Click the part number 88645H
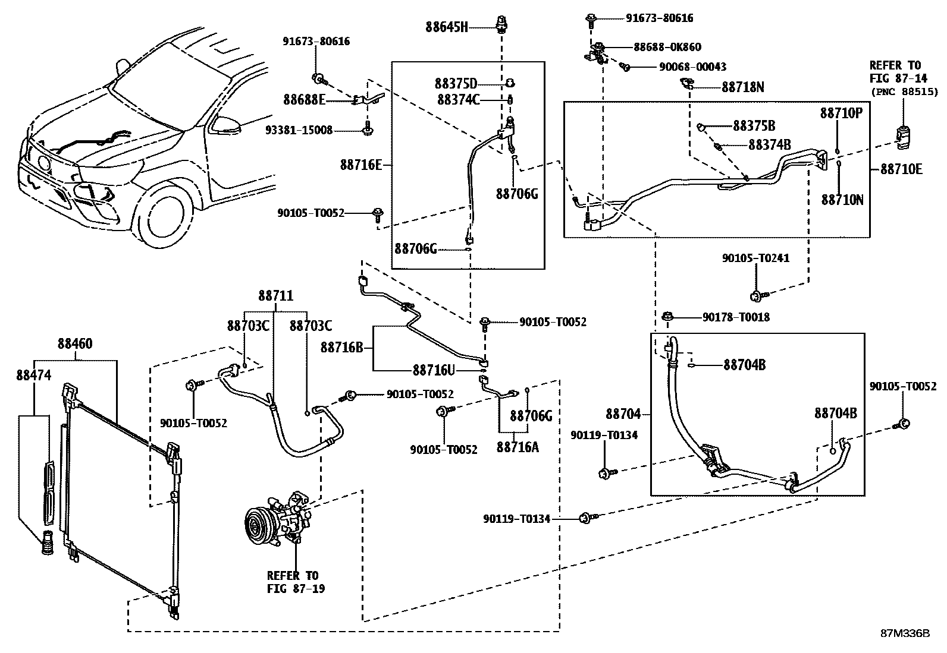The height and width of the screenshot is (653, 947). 447,27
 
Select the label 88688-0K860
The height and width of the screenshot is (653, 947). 667,47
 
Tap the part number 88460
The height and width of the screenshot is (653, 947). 75,344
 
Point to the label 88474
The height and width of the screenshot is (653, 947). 34,375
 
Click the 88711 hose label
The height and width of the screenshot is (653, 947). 275,296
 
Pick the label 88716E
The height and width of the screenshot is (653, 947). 360,165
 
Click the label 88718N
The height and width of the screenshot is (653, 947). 743,87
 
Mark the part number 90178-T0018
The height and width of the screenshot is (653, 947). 736,317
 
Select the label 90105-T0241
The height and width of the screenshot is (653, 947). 755,258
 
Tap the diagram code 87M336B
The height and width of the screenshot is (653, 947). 905,633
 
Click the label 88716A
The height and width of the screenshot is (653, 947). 517,447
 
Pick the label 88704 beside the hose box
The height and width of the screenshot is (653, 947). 623,414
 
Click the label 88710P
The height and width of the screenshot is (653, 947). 841,113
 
